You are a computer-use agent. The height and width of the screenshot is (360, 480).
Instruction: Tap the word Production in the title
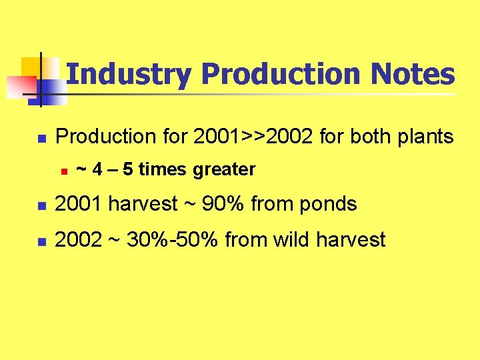click(x=279, y=74)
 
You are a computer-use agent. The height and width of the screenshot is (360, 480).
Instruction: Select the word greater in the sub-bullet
click(x=224, y=170)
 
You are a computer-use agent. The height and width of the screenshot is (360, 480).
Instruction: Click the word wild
click(x=289, y=239)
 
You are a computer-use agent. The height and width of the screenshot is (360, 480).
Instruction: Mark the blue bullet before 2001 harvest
click(x=39, y=205)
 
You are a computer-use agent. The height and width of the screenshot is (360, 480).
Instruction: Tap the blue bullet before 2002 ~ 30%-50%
click(x=39, y=241)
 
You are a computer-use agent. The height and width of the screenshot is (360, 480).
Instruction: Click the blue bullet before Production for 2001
click(x=39, y=139)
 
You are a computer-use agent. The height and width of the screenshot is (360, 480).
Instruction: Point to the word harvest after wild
click(x=351, y=239)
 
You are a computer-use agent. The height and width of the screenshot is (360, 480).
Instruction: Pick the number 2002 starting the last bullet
click(x=75, y=239)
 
